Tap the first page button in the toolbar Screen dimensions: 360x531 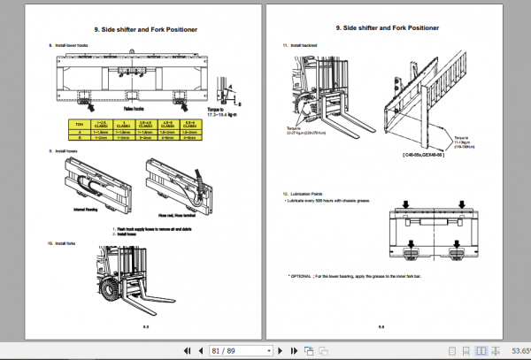click(173, 349)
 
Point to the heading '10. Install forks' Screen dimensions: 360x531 click(65, 242)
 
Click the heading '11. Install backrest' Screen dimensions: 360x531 click(299, 45)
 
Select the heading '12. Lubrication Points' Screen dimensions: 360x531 click(304, 193)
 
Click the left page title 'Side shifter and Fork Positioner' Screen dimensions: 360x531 click(135, 29)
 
